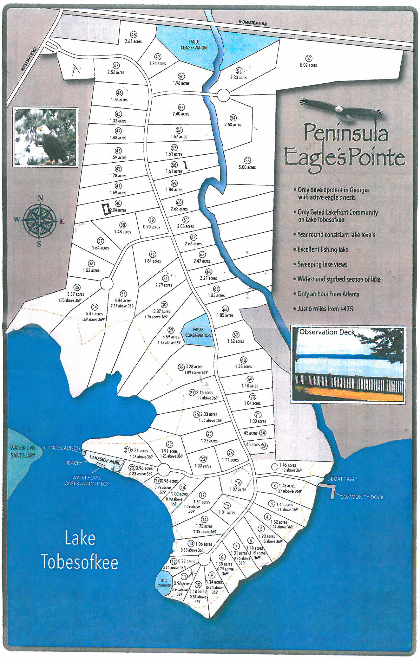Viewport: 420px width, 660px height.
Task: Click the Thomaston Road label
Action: pyautogui.click(x=253, y=23)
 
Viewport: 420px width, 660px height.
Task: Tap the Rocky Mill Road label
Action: pyautogui.click(x=29, y=59)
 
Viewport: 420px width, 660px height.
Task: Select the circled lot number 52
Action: pyautogui.click(x=308, y=58)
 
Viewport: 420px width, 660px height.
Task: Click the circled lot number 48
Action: pyautogui.click(x=134, y=35)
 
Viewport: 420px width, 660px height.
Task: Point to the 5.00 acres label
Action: pyautogui.click(x=247, y=167)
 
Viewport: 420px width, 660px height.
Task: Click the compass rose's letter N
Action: pyautogui.click(x=40, y=198)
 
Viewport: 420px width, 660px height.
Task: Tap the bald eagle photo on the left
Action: pyautogui.click(x=45, y=137)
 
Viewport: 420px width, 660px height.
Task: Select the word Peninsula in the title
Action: pyautogui.click(x=346, y=133)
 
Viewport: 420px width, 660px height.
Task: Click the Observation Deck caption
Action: pyautogui.click(x=327, y=332)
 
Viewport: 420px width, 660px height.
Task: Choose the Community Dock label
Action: pyautogui.click(x=362, y=497)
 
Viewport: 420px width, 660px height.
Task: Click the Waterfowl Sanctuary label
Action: pyautogui.click(x=23, y=451)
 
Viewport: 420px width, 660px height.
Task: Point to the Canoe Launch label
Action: pyautogui.click(x=62, y=448)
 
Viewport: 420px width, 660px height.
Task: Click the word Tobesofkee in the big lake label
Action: pyautogui.click(x=80, y=562)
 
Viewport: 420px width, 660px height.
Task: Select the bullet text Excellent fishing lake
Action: pyautogui.click(x=323, y=249)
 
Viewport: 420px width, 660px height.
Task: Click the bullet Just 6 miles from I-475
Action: pyautogui.click(x=325, y=308)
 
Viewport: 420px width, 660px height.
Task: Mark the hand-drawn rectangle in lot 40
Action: pyautogui.click(x=106, y=209)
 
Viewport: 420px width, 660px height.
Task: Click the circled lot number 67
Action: pyautogui.click(x=236, y=334)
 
